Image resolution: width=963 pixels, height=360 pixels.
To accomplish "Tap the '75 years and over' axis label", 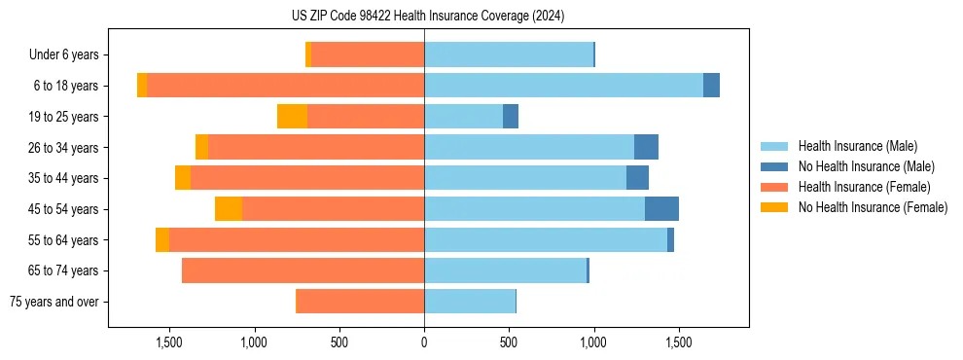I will (54, 302).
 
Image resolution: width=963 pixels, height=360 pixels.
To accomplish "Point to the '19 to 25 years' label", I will (63, 117).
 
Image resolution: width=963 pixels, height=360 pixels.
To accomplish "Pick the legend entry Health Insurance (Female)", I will (864, 187).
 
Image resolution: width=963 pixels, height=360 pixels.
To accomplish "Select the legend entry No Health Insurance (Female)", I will (873, 207).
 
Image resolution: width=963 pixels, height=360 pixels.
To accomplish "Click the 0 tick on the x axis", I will (424, 342).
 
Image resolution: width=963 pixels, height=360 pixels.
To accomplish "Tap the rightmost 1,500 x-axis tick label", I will (678, 342).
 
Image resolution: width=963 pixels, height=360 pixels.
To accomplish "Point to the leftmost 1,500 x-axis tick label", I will (169, 342).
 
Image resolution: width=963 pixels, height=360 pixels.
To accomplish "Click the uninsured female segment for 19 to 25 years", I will (292, 117).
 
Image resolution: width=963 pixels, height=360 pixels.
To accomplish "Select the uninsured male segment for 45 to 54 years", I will (661, 209).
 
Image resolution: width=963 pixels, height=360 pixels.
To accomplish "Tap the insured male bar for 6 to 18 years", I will (563, 86).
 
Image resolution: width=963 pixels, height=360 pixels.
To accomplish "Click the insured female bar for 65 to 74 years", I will (303, 270).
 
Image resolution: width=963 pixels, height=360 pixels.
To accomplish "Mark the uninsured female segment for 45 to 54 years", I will (229, 209).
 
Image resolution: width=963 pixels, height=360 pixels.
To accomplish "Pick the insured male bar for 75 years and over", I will (470, 302).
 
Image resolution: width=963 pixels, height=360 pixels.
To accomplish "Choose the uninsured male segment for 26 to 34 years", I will (646, 147).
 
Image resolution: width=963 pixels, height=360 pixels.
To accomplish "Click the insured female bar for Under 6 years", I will (368, 54).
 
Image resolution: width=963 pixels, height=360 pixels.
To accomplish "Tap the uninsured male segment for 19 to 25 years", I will (511, 117).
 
